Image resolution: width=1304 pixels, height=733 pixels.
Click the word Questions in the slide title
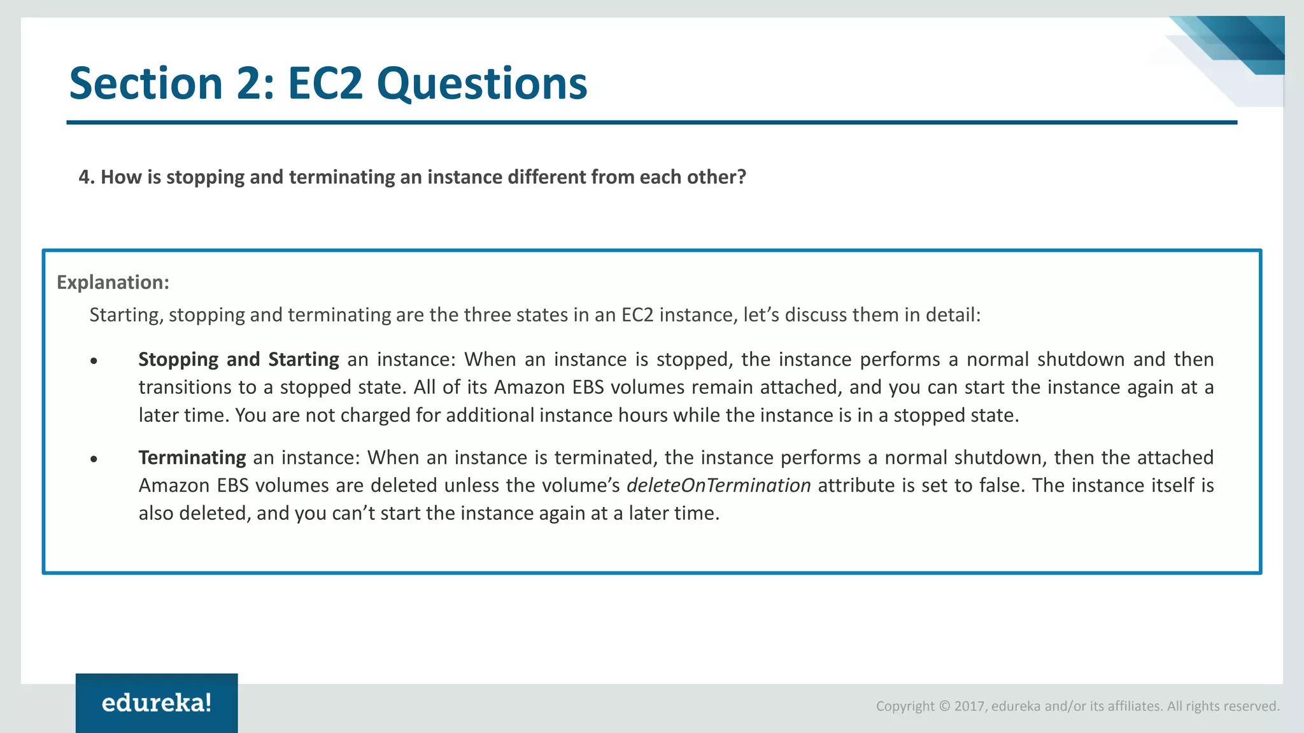point(481,83)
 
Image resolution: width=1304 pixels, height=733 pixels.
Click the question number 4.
point(83,177)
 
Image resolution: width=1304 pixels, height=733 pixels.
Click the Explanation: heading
point(113,282)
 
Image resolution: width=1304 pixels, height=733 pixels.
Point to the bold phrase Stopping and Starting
point(238,360)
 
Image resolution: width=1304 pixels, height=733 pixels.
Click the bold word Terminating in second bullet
point(192,457)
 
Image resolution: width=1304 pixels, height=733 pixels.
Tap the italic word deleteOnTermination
point(718,485)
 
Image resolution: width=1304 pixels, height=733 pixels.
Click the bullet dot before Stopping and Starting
point(94,361)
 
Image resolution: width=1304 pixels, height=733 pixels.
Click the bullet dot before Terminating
point(94,459)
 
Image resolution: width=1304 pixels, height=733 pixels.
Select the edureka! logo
point(157,703)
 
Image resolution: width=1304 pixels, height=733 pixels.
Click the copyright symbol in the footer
point(944,706)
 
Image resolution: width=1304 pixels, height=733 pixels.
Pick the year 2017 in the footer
point(970,706)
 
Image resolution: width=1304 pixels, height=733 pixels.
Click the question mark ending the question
point(741,177)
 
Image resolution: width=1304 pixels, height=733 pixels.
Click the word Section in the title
point(146,83)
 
